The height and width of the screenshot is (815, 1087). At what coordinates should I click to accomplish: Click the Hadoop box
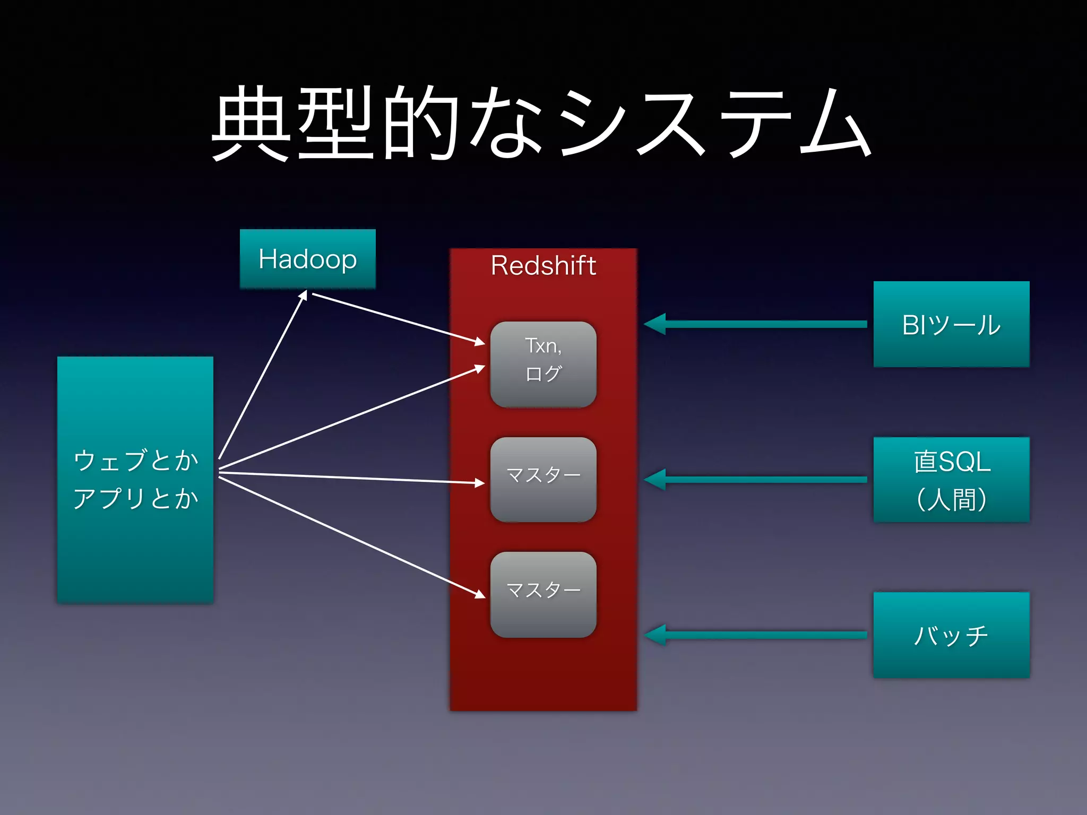coord(308,259)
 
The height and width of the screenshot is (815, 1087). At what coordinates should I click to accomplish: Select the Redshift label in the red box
coord(543,265)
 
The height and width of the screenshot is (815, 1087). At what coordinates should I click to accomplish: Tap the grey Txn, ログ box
coord(543,365)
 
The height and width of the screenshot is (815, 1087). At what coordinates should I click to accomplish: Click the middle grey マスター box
coord(543,480)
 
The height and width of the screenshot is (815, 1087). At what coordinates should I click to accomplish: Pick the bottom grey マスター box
coord(543,595)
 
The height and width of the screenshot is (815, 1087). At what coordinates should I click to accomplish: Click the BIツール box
coord(951,324)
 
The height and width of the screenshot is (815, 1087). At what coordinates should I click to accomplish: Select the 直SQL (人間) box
coord(951,480)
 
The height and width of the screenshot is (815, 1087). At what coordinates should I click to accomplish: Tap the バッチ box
coord(951,635)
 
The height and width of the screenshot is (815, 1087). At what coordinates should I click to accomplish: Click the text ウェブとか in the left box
coord(135,460)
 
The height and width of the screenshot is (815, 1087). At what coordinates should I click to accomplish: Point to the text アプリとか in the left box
coord(135,499)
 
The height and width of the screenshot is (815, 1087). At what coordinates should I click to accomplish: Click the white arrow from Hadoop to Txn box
coord(398,318)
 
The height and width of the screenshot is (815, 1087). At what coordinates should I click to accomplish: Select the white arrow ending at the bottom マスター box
coord(350,536)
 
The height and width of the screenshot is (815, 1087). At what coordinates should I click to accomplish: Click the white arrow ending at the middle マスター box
coord(350,478)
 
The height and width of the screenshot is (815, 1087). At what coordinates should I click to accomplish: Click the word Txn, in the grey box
coord(543,346)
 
